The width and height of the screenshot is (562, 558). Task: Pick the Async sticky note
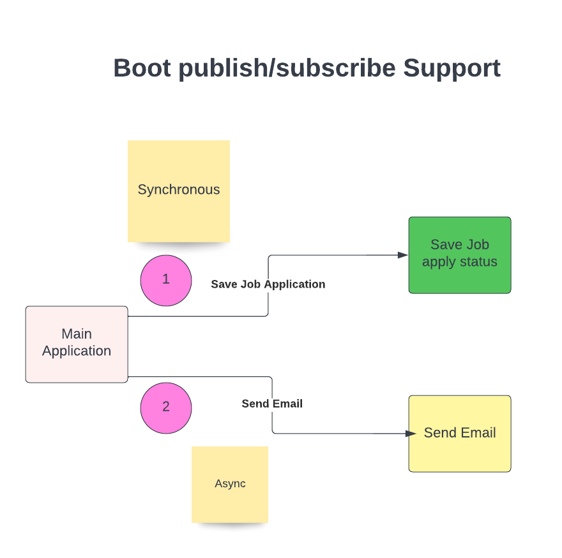pyautogui.click(x=230, y=484)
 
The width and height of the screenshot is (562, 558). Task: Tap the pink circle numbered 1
pyautogui.click(x=166, y=280)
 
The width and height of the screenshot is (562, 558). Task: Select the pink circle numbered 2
pyautogui.click(x=166, y=407)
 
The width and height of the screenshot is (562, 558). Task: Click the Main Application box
pyautogui.click(x=77, y=344)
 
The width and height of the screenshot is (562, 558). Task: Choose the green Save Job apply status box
pyautogui.click(x=460, y=254)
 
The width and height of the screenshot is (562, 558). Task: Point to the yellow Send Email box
pyautogui.click(x=460, y=433)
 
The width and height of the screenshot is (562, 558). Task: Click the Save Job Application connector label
pyautogui.click(x=268, y=284)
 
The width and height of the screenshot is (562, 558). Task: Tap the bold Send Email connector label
pyautogui.click(x=272, y=404)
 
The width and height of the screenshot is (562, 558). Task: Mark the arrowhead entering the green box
pyautogui.click(x=403, y=255)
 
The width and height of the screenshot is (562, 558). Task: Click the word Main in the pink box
pyautogui.click(x=77, y=334)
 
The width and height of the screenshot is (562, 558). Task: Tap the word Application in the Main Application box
pyautogui.click(x=77, y=351)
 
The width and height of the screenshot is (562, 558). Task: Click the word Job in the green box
pyautogui.click(x=478, y=245)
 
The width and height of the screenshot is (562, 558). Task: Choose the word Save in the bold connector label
pyautogui.click(x=224, y=284)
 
